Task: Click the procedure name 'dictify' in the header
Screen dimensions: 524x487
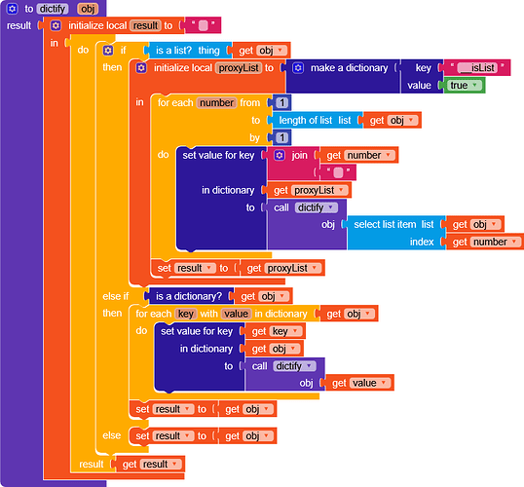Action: pyautogui.click(x=53, y=9)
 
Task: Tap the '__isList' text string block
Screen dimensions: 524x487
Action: pyautogui.click(x=477, y=68)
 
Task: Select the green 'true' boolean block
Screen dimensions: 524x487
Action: pyautogui.click(x=464, y=86)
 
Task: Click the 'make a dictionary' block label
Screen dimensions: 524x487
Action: pyautogui.click(x=349, y=68)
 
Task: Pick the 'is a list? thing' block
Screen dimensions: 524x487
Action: pyautogui.click(x=188, y=51)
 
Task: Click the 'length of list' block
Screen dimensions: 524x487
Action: pyautogui.click(x=315, y=120)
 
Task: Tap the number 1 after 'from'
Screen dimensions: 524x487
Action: pyautogui.click(x=282, y=102)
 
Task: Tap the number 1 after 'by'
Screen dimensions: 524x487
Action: pyautogui.click(x=282, y=137)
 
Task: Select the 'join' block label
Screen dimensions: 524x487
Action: pyautogui.click(x=299, y=155)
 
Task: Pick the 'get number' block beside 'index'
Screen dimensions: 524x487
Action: pyautogui.click(x=485, y=242)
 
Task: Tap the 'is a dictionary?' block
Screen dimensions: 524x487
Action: pyautogui.click(x=189, y=296)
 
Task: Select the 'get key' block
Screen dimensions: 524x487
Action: pyautogui.click(x=275, y=331)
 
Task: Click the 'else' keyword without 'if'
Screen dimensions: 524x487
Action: pyautogui.click(x=112, y=435)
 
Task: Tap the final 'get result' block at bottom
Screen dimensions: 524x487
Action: pyautogui.click(x=150, y=464)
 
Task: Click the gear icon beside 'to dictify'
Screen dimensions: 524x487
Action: pyautogui.click(x=12, y=9)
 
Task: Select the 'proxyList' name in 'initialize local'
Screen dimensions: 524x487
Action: pyautogui.click(x=239, y=68)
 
